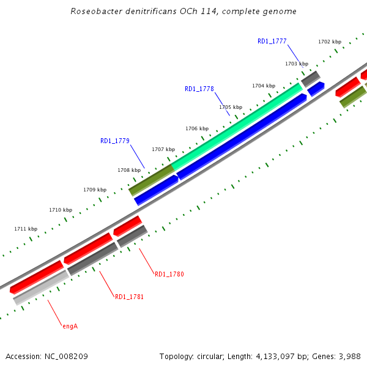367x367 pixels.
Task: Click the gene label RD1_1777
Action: (272, 41)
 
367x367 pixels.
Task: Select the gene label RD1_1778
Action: (199, 89)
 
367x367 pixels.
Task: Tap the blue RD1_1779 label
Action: (115, 141)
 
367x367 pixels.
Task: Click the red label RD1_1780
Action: (169, 274)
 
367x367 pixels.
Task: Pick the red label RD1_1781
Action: (130, 297)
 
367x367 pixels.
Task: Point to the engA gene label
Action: (70, 326)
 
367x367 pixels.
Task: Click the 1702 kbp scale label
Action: (330, 42)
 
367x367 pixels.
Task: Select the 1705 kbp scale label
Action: (231, 107)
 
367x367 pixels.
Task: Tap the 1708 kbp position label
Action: (129, 170)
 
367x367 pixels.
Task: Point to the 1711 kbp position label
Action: (26, 229)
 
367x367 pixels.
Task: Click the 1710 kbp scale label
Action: (61, 210)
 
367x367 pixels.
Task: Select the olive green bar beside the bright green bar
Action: (151, 180)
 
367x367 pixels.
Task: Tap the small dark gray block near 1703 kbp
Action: (310, 78)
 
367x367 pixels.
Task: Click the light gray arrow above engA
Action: (41, 287)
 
